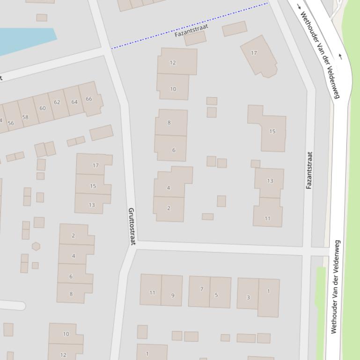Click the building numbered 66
pos(89,99)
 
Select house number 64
pos(74,101)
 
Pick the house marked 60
pos(43,108)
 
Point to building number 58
pos(25,117)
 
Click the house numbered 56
pos(11,123)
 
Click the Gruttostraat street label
pos(132,227)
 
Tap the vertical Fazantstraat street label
pos(309,170)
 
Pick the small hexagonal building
pos(36,246)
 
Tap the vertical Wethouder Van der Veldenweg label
pos(335,287)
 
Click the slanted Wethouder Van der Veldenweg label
pos(319,54)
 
